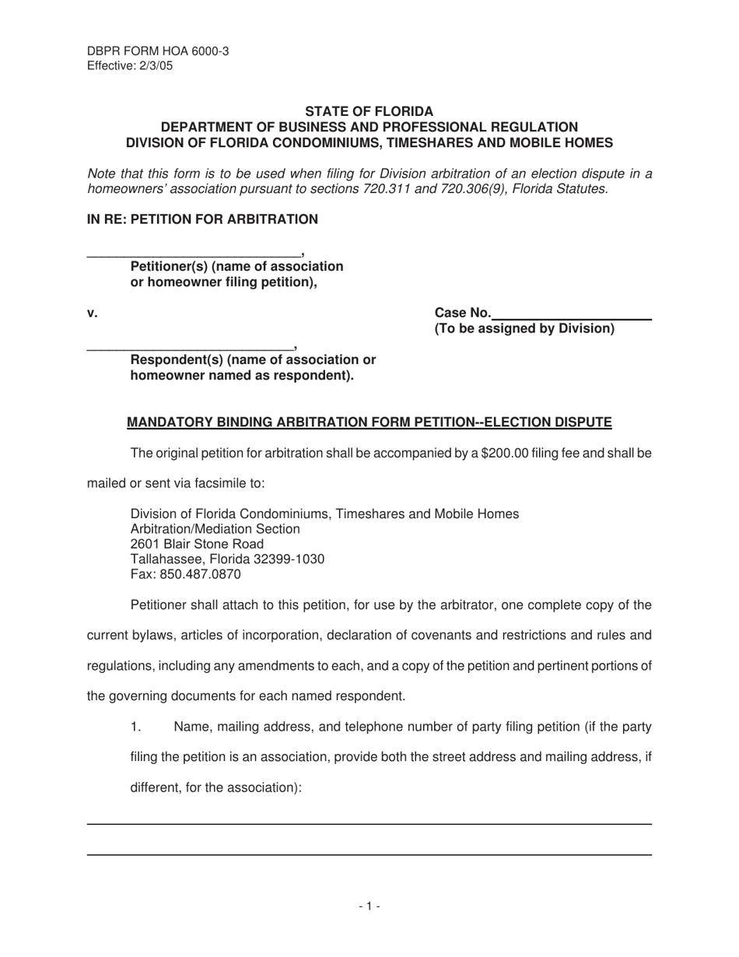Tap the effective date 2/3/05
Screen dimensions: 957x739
[x=156, y=66]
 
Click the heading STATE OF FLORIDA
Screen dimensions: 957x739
[x=369, y=111]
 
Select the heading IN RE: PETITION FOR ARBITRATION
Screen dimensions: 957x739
[x=202, y=219]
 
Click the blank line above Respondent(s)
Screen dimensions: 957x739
[x=190, y=347]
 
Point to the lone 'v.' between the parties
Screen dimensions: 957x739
[x=92, y=313]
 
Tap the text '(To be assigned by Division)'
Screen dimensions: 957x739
[x=524, y=328]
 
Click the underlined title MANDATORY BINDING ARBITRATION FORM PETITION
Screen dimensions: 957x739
[x=369, y=422]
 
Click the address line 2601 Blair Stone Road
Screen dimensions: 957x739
[x=197, y=544]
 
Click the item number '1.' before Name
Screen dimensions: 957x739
[x=135, y=727]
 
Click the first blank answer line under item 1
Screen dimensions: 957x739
[x=369, y=823]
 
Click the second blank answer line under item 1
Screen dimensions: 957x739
[x=369, y=854]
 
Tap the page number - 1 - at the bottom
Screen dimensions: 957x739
[x=369, y=906]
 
